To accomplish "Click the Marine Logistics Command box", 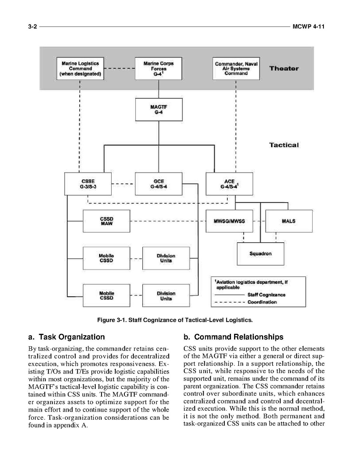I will coord(80,68).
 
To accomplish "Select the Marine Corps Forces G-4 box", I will coord(158,68).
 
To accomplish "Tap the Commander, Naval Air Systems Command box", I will coord(236,68).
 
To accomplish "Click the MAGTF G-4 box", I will coord(158,109).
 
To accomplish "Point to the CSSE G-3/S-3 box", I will coord(88,184).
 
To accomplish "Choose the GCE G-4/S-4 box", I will coord(158,184).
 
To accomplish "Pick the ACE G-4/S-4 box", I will coord(229,184).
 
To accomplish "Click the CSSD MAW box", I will coord(106,221).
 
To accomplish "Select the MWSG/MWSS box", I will coord(229,221).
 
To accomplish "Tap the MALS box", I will coord(288,221).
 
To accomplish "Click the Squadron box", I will coord(260,254).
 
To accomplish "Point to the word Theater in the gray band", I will coord(284,68).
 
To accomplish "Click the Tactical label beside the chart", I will coord(284,145).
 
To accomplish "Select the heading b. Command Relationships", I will coord(233,337).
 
